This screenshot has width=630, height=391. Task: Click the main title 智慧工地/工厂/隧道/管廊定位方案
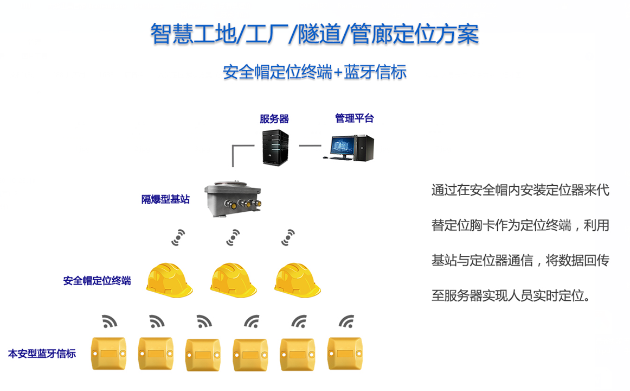(314, 34)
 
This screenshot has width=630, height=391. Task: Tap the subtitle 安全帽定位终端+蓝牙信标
(314, 72)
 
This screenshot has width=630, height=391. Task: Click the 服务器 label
(274, 119)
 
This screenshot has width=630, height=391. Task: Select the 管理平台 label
(354, 118)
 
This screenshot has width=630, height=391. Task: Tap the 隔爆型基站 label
(165, 199)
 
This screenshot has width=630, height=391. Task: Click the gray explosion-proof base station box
(233, 199)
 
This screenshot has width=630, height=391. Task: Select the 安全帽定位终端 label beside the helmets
(97, 281)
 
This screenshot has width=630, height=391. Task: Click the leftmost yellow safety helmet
(171, 279)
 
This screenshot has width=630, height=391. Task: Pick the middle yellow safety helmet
(233, 279)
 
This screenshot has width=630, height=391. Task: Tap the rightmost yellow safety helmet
(297, 279)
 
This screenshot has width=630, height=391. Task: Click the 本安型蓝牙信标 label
(42, 354)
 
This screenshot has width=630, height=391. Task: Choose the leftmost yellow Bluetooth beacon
(108, 353)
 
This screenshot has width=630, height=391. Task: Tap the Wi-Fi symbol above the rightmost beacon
(346, 321)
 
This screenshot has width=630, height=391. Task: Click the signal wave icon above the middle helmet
(233, 237)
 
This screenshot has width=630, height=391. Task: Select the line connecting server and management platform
(310, 146)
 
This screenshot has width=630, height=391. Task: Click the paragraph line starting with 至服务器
(510, 296)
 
